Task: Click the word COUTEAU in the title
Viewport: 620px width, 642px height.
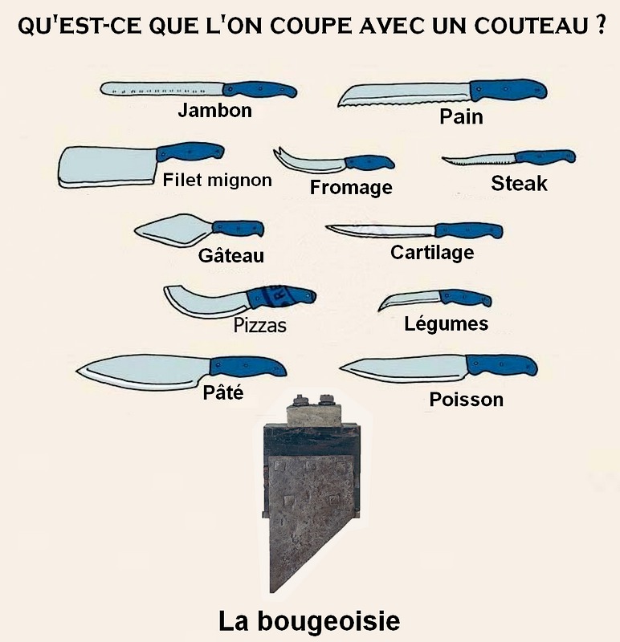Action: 528,26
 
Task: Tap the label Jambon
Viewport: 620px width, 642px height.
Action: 214,111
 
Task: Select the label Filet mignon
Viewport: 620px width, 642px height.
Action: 217,180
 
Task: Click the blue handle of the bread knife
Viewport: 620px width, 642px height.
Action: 508,90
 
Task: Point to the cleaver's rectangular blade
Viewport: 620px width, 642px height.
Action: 108,167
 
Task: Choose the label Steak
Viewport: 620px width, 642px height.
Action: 519,183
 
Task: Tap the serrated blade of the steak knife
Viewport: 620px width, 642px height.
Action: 479,160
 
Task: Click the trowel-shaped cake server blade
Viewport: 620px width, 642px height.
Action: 173,230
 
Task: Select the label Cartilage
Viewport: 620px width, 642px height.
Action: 432,253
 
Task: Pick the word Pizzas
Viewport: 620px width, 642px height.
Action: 259,326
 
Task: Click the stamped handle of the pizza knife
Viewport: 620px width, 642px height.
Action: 282,296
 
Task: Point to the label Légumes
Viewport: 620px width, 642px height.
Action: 446,323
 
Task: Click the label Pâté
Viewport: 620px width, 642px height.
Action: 223,392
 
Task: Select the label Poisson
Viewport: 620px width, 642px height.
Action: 467,400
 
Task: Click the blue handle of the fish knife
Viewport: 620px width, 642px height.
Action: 502,365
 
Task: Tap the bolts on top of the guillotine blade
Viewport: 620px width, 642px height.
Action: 314,400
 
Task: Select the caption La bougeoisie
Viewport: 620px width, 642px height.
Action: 309,620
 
